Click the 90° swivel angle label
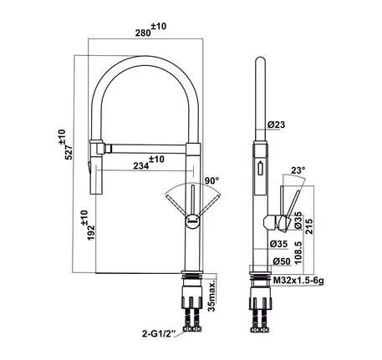(x=210, y=180)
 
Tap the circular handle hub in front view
(x=191, y=221)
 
